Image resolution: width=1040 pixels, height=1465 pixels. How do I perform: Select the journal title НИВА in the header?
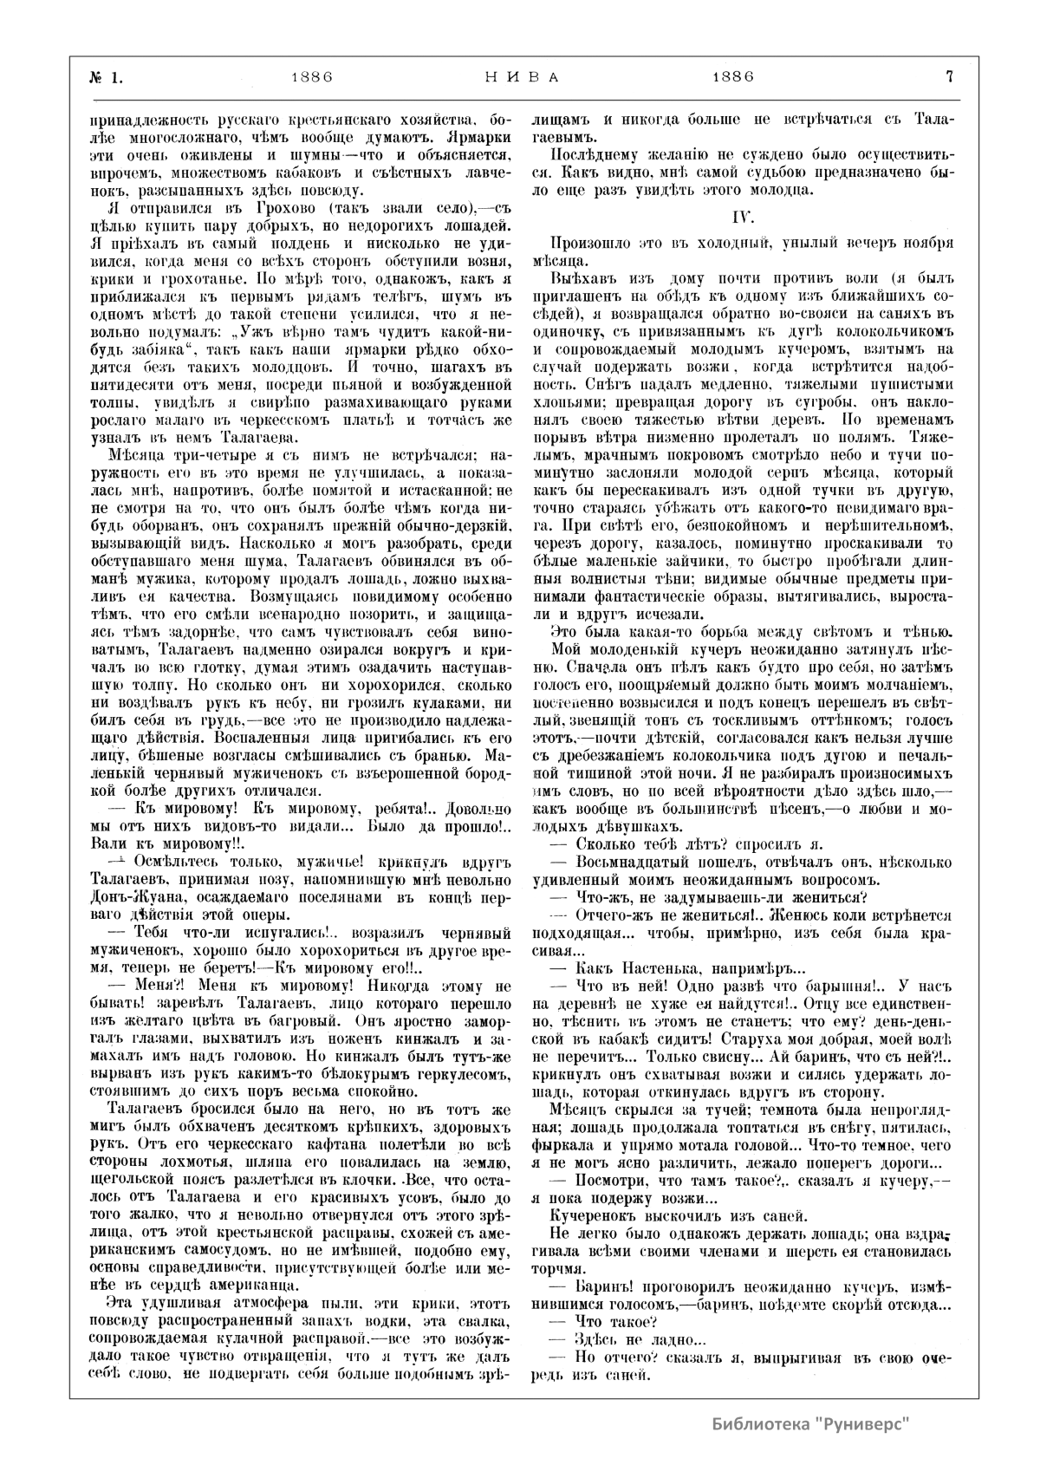[x=519, y=76]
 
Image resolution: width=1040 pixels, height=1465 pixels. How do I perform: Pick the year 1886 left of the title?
[x=313, y=76]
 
